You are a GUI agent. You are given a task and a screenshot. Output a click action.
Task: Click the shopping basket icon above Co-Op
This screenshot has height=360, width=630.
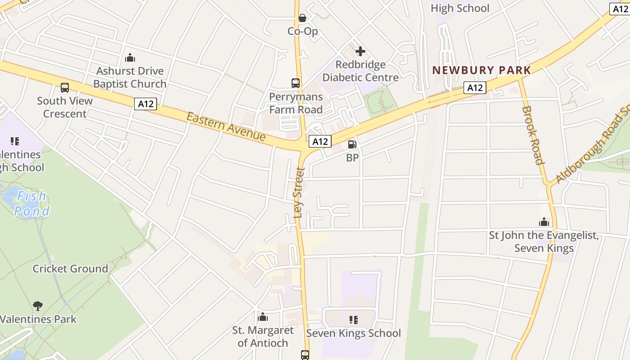(x=302, y=18)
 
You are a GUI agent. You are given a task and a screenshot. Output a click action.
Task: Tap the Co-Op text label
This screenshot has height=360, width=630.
(x=303, y=31)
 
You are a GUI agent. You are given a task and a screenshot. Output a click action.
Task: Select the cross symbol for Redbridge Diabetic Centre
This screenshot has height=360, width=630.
(x=360, y=51)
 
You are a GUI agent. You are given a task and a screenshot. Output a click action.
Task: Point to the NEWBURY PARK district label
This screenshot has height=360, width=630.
(x=482, y=70)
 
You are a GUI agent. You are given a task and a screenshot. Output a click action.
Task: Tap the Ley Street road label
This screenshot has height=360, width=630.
(x=299, y=193)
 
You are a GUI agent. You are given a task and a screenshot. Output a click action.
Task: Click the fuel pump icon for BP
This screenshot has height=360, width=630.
(x=352, y=144)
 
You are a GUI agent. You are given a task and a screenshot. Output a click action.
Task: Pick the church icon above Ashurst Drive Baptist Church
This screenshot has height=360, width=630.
(x=130, y=58)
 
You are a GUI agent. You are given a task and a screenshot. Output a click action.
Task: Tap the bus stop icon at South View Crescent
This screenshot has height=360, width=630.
(x=65, y=87)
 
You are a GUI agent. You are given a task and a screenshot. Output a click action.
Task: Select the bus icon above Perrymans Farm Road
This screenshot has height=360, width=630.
(x=296, y=83)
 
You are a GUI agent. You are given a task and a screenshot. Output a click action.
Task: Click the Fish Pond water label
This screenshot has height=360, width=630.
(x=31, y=203)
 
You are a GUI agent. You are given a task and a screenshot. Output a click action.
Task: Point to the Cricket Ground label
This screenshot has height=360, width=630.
(x=70, y=269)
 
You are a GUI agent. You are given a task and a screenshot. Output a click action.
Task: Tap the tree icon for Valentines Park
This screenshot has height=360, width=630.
(x=38, y=306)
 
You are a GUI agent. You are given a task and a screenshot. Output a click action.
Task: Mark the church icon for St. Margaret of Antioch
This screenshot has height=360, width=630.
(x=263, y=317)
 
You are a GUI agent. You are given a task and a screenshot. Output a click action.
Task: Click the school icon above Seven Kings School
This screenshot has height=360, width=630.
(x=354, y=320)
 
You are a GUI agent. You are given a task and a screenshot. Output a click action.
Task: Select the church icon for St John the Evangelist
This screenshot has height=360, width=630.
(x=544, y=222)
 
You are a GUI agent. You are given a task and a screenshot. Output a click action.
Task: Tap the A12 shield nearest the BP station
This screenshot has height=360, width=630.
(x=320, y=141)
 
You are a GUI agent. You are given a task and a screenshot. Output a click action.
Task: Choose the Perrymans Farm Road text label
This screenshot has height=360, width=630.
(x=296, y=103)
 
